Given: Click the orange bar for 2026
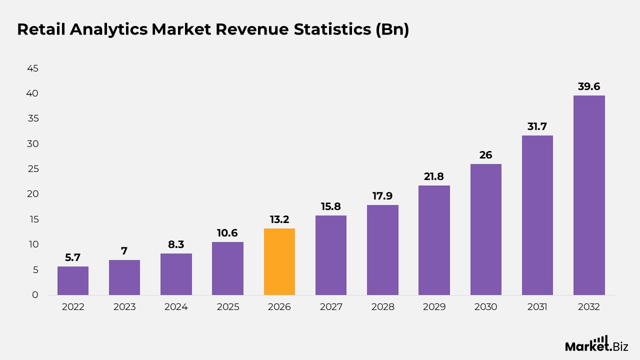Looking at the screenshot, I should [279, 261].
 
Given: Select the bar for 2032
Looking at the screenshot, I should [589, 195].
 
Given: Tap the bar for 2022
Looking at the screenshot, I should [73, 280].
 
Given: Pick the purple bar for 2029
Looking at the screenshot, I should [434, 240].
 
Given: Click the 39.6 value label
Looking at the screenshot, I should [589, 86].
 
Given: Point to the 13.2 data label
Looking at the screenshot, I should [279, 219].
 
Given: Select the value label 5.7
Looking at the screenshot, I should [73, 257].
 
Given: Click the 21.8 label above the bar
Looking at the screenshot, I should [434, 176].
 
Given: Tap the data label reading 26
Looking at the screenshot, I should [485, 155].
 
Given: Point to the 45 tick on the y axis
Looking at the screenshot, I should [32, 68].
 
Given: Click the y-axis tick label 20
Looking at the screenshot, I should [32, 194].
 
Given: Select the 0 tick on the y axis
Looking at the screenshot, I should [35, 295].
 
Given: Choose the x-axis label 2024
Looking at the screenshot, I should [176, 307].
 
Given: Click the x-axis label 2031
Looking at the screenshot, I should [537, 307].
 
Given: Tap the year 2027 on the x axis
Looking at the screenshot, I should [331, 307].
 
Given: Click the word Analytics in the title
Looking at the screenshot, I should [108, 29].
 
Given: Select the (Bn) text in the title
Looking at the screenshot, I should [392, 29].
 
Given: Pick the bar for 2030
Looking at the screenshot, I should [485, 229].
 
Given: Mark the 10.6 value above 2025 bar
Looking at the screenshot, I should [227, 233].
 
